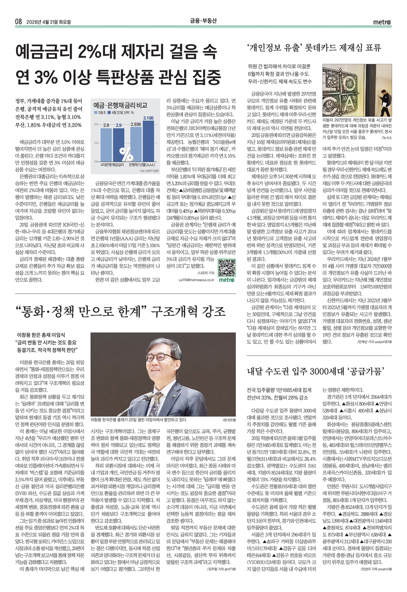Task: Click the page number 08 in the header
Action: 18,22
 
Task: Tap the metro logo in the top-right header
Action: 382,22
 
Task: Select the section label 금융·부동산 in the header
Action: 203,21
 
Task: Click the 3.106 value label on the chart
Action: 148,118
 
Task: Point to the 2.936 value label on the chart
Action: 136,124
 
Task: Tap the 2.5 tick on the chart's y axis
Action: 96,143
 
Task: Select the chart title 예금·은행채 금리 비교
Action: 120,105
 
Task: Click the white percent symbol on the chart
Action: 126,153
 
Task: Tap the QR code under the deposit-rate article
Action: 227,268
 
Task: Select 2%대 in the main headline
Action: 97,52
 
